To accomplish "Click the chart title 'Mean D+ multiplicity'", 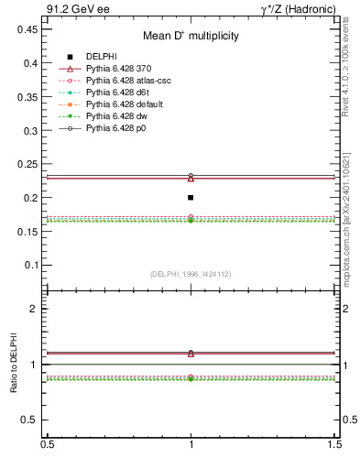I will (x=191, y=36).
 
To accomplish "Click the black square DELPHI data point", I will (x=191, y=197).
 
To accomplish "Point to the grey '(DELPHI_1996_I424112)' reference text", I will (x=191, y=272).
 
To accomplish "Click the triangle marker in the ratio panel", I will (x=191, y=353).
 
